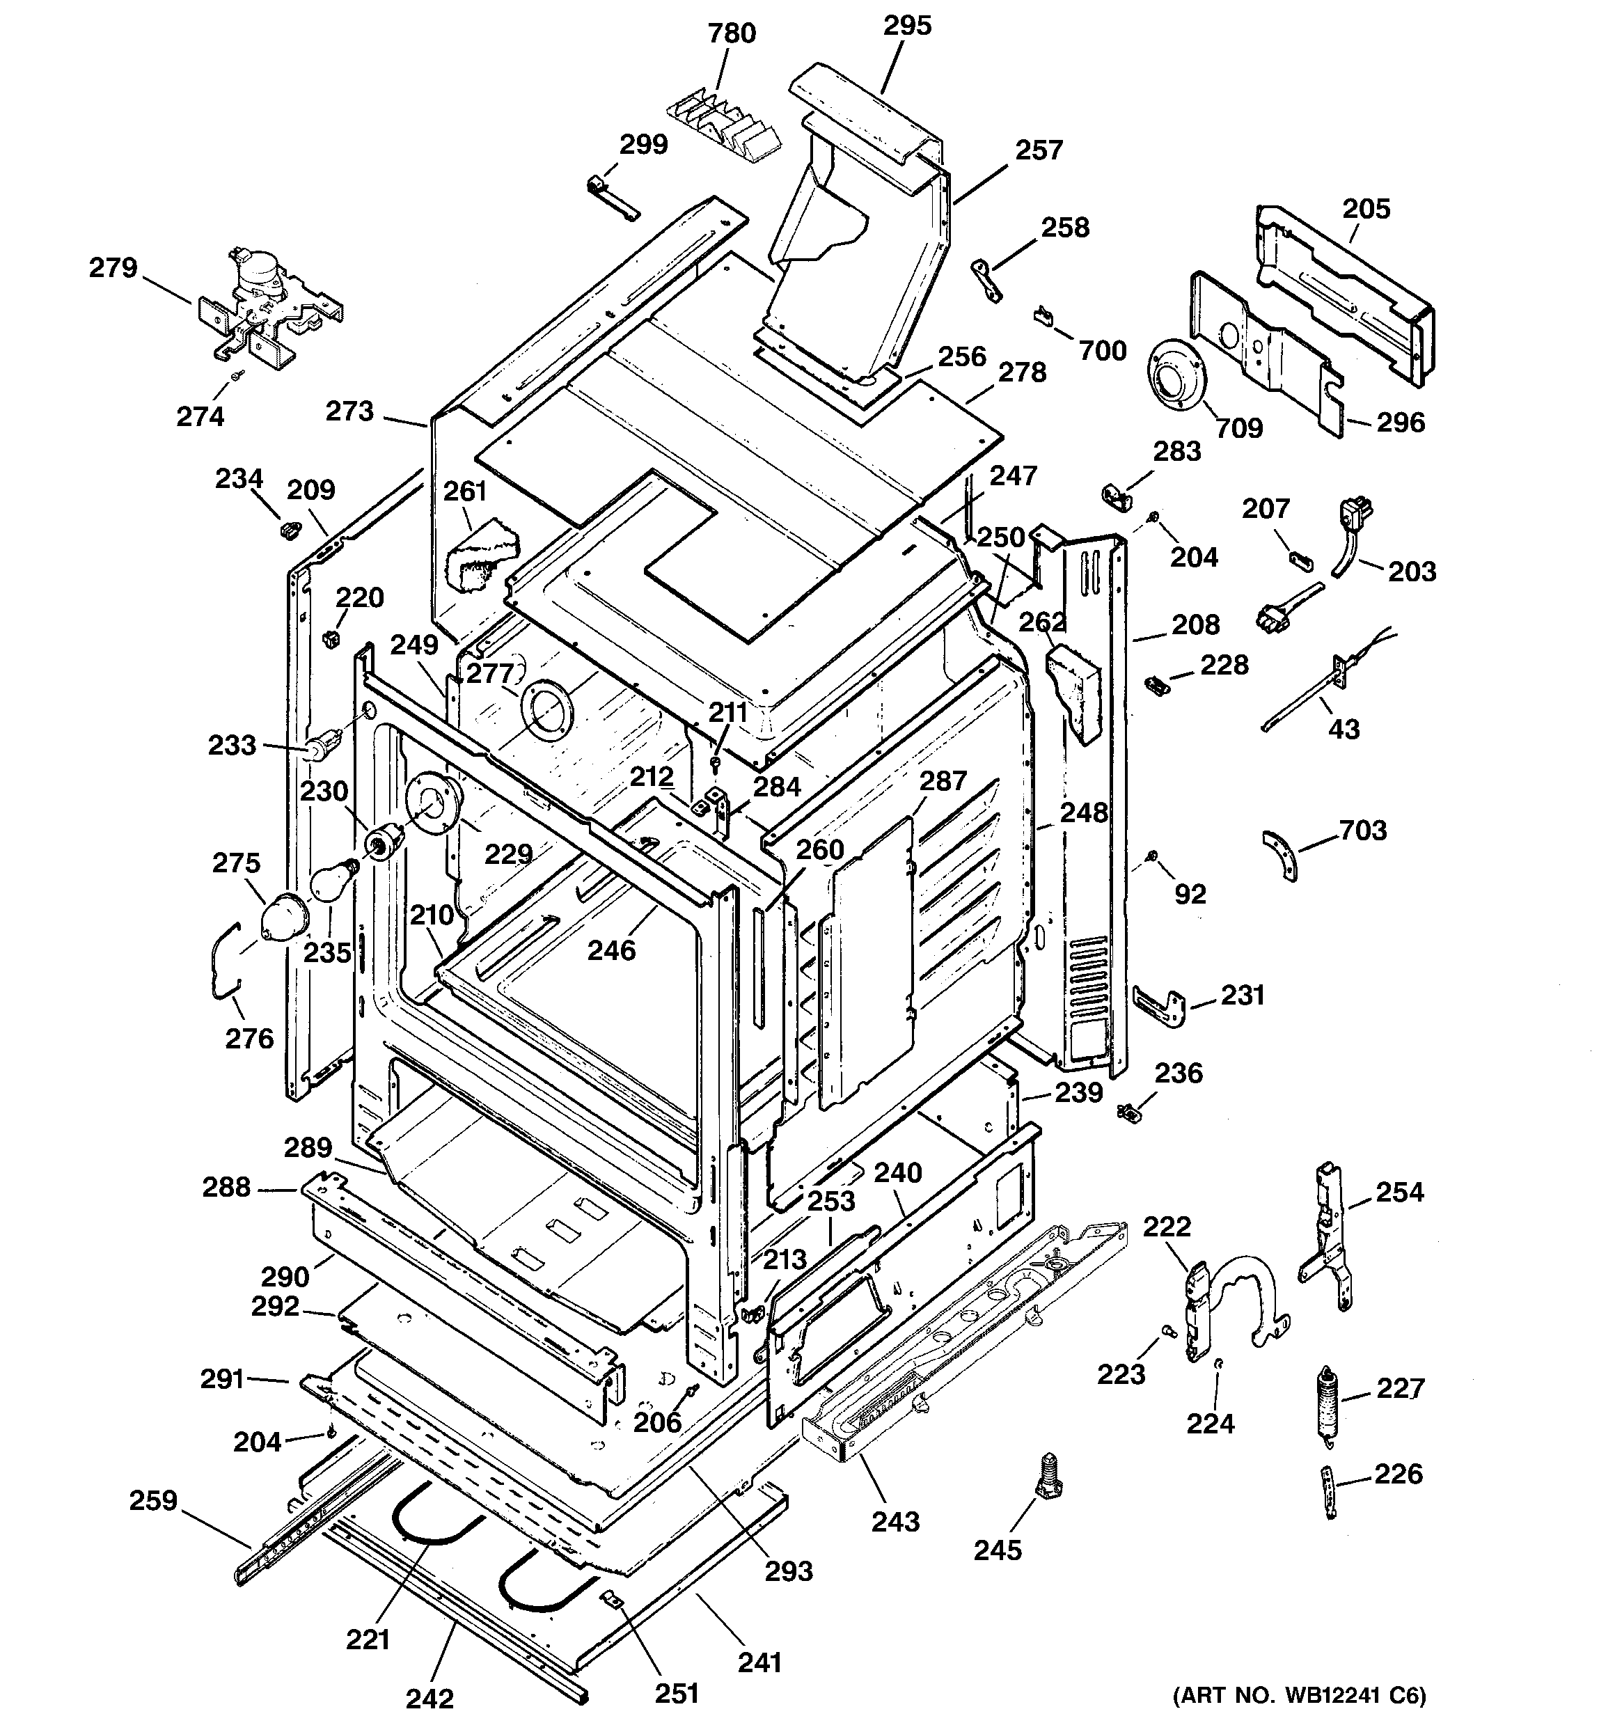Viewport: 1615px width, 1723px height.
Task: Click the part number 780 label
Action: [x=732, y=34]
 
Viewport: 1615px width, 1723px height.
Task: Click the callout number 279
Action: [x=113, y=268]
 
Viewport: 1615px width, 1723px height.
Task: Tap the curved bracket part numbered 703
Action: [x=1282, y=853]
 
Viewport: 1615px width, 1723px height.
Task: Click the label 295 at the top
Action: [x=908, y=26]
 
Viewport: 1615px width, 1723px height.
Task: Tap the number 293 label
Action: [x=789, y=1571]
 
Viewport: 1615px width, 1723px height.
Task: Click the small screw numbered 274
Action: [x=237, y=375]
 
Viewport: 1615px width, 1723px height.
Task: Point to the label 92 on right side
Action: [x=1190, y=894]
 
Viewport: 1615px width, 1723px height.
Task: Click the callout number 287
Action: [x=943, y=781]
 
